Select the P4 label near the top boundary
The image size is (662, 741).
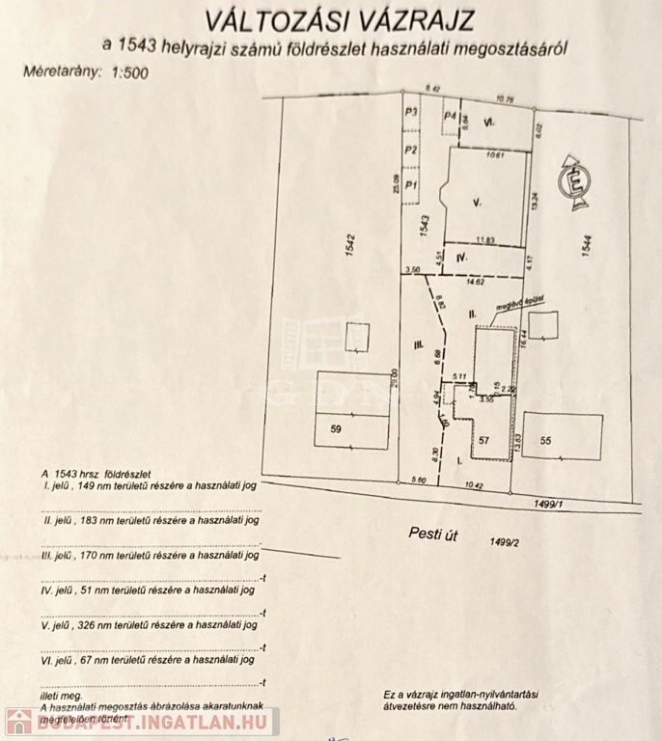pos(449,116)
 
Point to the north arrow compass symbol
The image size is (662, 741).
pos(575,179)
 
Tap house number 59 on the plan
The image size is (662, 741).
pos(336,426)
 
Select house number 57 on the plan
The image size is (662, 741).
pos(483,440)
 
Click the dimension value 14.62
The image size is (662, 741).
pos(475,284)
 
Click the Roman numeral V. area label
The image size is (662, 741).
pos(477,202)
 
